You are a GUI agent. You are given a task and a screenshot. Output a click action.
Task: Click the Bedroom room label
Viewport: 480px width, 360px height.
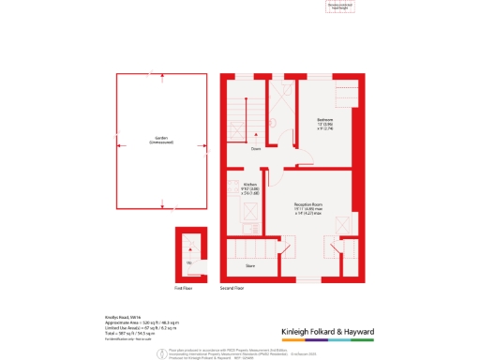pyautogui.click(x=324, y=120)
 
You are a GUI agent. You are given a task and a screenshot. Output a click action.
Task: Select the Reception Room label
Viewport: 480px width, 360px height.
pyautogui.click(x=309, y=203)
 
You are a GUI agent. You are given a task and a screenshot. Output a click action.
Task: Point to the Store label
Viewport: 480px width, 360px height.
pyautogui.click(x=250, y=266)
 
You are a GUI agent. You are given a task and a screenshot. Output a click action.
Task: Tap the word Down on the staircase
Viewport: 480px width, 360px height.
pyautogui.click(x=255, y=149)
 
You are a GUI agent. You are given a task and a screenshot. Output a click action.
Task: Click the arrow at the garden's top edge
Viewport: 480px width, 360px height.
pyautogui.click(x=160, y=74)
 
